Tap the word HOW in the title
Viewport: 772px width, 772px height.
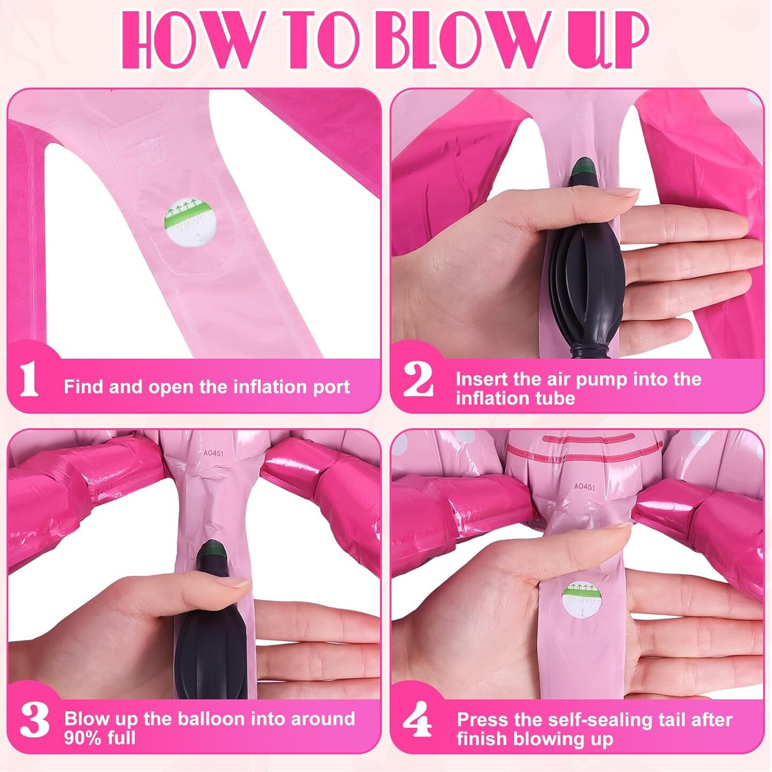click(194, 40)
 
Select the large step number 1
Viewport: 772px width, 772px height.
click(29, 380)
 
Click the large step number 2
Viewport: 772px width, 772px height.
click(418, 380)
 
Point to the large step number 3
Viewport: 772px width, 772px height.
click(34, 720)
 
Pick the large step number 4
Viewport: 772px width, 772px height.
click(417, 720)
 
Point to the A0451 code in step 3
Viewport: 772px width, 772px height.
click(213, 453)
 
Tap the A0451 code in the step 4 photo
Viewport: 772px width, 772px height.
click(584, 487)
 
